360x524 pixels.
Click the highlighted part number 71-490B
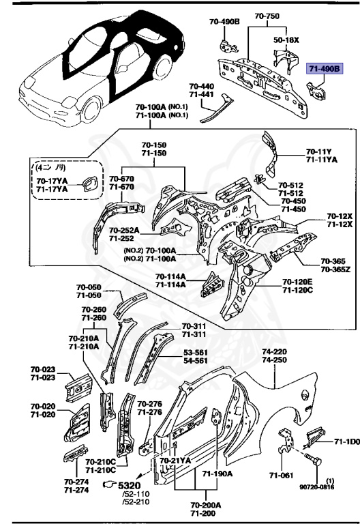pyautogui.click(x=323, y=70)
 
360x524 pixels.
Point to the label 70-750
pyautogui.click(x=268, y=16)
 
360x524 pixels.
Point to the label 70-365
pyautogui.click(x=332, y=261)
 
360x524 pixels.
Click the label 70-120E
pyautogui.click(x=297, y=282)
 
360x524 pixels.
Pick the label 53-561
pyautogui.click(x=196, y=353)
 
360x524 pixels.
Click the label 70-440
pyautogui.click(x=202, y=87)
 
